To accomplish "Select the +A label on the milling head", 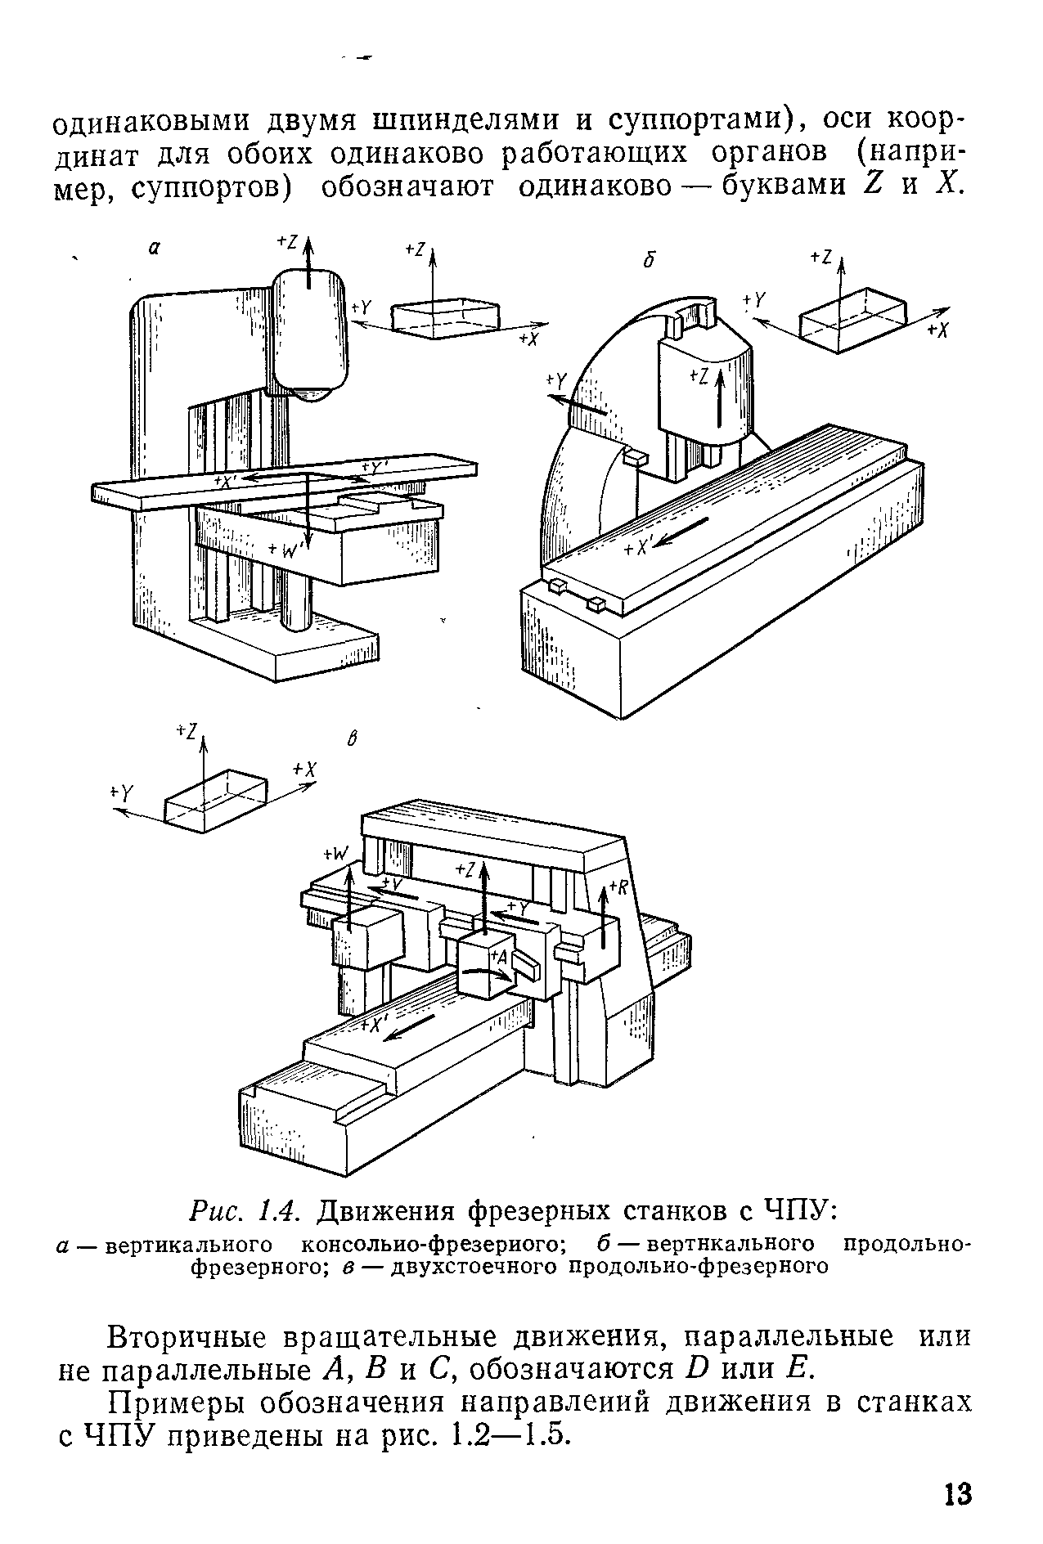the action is click(500, 955).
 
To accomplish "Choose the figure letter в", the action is click(353, 739).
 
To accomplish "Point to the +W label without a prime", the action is click(335, 854).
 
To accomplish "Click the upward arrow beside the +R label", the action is click(604, 918).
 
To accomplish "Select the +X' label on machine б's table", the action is click(636, 550).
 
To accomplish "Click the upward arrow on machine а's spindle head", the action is click(308, 261).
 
